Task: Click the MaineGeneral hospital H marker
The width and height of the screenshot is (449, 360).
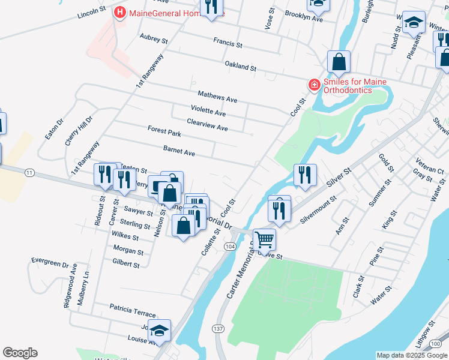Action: (x=120, y=12)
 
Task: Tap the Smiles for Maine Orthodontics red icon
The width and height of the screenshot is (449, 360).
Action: (x=313, y=85)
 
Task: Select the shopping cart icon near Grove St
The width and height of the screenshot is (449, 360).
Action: (x=264, y=239)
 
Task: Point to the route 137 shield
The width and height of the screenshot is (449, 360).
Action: (x=218, y=329)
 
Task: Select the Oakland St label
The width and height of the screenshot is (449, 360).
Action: (x=240, y=65)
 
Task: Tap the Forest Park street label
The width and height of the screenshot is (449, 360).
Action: (x=164, y=130)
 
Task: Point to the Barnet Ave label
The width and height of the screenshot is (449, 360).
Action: (x=179, y=152)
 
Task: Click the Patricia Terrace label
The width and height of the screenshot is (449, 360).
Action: (x=132, y=310)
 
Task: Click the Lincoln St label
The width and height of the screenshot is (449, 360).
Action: (x=91, y=11)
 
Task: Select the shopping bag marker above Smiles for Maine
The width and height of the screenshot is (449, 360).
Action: (x=339, y=62)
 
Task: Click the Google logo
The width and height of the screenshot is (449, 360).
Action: (x=20, y=353)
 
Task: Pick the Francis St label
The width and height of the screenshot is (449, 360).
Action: (x=228, y=43)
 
